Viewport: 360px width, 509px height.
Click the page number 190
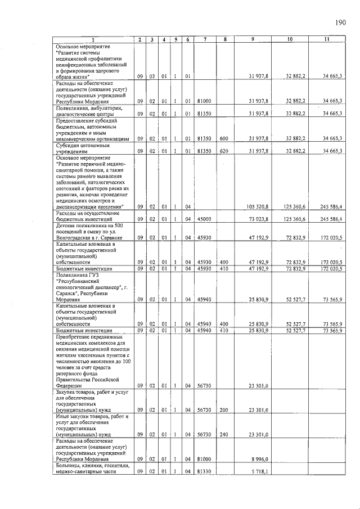coord(340,23)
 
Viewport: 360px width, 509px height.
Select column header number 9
coord(253,39)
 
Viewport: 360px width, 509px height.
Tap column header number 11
coord(326,39)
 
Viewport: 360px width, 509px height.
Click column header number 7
coord(205,39)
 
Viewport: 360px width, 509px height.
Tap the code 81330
coord(204,472)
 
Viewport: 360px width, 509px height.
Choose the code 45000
coord(204,219)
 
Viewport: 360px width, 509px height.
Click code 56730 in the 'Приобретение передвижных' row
coord(204,386)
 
